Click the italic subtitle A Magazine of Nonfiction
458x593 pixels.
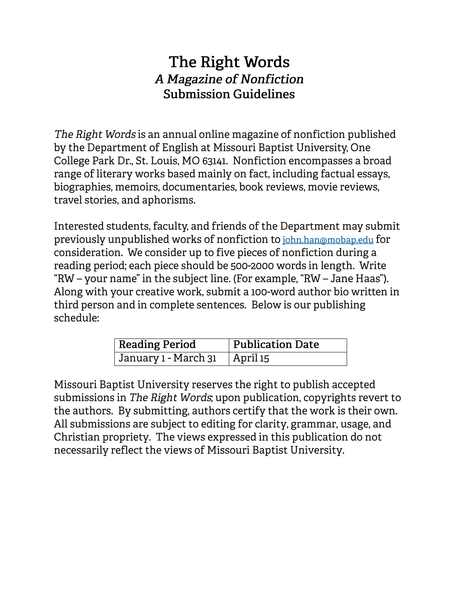pos(229,79)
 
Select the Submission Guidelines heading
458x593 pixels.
pos(229,94)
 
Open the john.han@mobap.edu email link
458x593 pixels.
pos(328,240)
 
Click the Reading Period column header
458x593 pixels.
pos(157,344)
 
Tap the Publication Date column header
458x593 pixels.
pos(276,344)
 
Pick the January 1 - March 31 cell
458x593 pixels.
pos(167,358)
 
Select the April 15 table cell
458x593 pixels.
pos(251,358)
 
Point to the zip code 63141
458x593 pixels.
pos(214,161)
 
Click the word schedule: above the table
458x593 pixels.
pos(76,318)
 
